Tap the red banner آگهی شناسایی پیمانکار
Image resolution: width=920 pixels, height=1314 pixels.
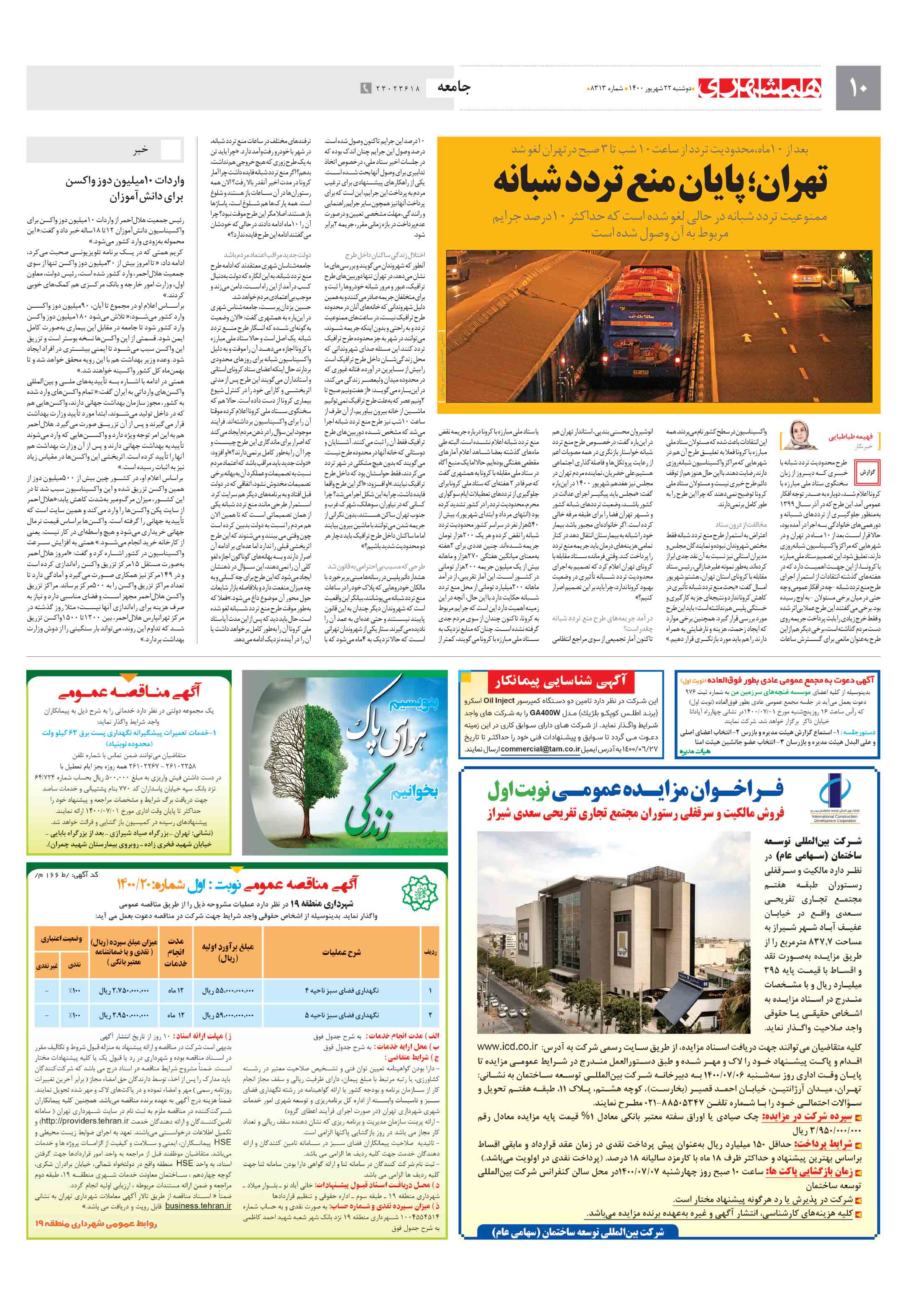(562, 681)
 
